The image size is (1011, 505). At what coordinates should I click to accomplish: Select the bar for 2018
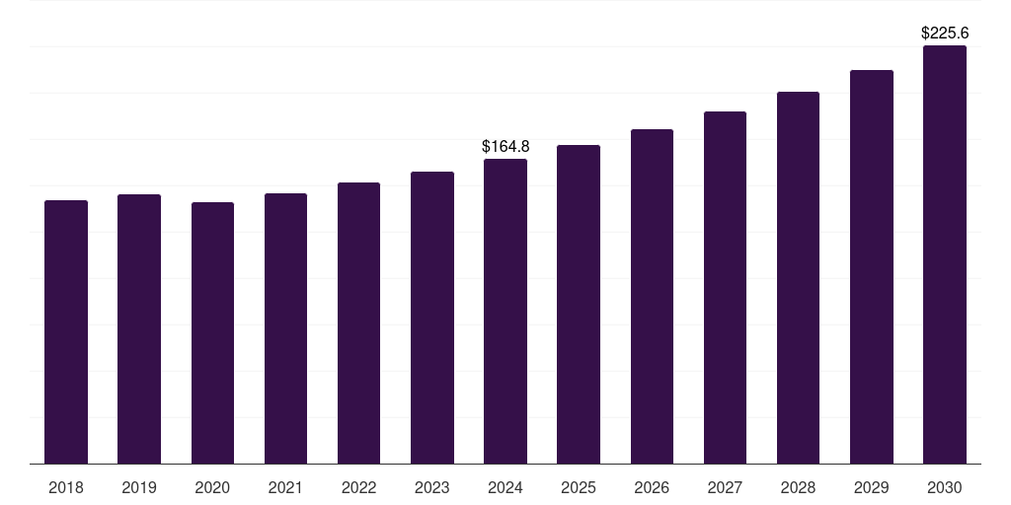click(x=66, y=331)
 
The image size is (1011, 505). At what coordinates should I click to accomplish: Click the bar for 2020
click(x=212, y=332)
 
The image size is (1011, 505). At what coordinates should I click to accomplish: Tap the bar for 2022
click(x=358, y=323)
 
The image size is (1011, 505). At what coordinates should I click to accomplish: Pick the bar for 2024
click(x=505, y=311)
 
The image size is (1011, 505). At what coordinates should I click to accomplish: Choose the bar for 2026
click(x=652, y=296)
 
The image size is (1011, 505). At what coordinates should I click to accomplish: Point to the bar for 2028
click(x=798, y=277)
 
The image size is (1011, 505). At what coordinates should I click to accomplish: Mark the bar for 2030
click(x=945, y=254)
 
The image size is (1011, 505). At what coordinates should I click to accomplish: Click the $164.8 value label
click(x=505, y=146)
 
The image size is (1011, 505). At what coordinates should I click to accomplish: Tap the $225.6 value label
click(x=945, y=33)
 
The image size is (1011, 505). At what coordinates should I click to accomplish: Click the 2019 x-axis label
click(x=139, y=487)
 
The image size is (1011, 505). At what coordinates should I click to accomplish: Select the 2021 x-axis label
click(x=285, y=487)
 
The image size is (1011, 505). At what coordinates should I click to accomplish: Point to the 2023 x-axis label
click(x=432, y=487)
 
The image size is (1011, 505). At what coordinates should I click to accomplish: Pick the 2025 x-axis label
click(x=579, y=487)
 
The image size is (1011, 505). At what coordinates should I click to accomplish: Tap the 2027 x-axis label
click(x=725, y=487)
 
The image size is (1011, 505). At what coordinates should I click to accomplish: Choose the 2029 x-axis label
click(x=872, y=487)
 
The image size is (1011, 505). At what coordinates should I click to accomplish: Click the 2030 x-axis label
click(x=945, y=487)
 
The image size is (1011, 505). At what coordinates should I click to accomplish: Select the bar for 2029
click(x=872, y=266)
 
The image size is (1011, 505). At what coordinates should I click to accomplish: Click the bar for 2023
click(x=432, y=318)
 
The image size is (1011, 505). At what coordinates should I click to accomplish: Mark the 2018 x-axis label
click(x=66, y=487)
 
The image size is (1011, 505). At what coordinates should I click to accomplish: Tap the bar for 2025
click(x=579, y=304)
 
